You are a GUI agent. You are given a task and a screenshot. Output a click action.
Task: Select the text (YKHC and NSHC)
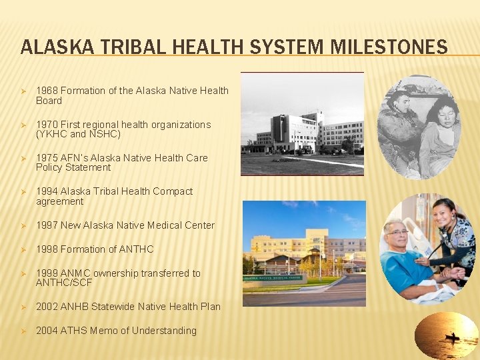click(x=78, y=134)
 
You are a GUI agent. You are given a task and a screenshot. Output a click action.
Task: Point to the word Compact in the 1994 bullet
click(x=173, y=191)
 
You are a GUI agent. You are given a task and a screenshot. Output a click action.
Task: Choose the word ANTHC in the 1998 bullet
click(x=136, y=249)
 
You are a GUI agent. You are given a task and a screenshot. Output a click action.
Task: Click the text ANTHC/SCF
click(x=64, y=283)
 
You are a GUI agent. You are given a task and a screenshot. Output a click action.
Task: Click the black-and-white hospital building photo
click(x=302, y=124)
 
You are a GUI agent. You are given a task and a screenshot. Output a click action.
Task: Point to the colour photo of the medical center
click(x=304, y=253)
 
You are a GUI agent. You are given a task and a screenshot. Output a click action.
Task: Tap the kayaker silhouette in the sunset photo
click(x=453, y=337)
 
